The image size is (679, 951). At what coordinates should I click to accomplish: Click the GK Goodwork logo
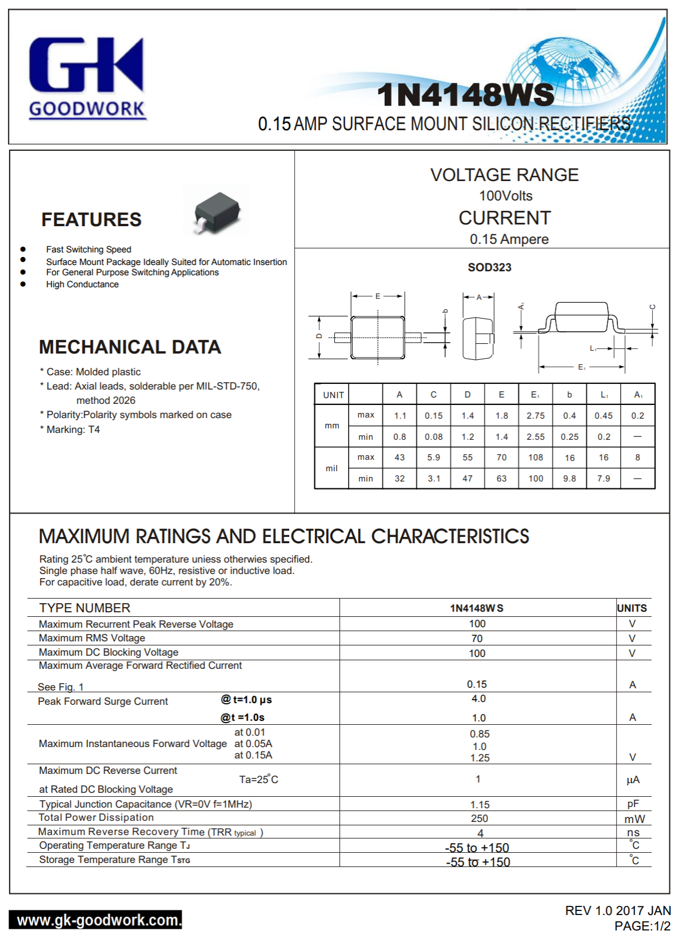click(87, 77)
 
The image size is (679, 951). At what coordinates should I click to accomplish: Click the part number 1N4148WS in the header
click(466, 95)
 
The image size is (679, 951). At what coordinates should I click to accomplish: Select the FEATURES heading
click(91, 220)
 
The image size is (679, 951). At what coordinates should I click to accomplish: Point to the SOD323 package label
click(489, 267)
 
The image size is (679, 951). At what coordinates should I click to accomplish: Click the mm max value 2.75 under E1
click(536, 416)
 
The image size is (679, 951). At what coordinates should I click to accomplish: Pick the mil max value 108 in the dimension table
click(536, 458)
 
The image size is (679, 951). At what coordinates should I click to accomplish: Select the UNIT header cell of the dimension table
click(333, 395)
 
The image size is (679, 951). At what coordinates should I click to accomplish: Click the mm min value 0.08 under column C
click(434, 437)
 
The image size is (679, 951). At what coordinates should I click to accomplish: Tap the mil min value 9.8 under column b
click(569, 479)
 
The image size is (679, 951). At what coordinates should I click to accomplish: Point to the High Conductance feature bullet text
click(82, 284)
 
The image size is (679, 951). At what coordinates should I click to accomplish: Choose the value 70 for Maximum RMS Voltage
click(477, 639)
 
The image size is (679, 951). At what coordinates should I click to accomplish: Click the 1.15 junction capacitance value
click(480, 805)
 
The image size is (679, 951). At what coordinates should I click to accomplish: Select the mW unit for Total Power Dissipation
click(634, 819)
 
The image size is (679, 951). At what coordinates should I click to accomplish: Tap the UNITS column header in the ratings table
click(632, 608)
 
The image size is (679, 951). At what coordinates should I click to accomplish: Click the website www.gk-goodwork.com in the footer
click(97, 920)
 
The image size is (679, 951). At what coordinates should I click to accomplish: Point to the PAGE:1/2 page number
click(642, 926)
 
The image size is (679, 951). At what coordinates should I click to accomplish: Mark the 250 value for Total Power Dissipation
click(480, 818)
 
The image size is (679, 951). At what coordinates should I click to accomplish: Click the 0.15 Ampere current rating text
click(509, 239)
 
